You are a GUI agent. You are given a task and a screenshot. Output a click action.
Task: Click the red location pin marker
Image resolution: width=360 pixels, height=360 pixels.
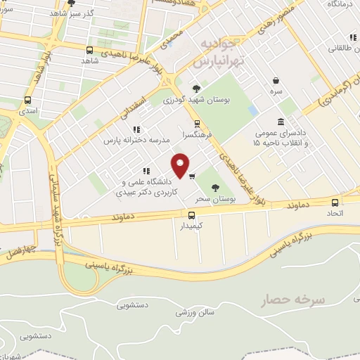click(181, 165)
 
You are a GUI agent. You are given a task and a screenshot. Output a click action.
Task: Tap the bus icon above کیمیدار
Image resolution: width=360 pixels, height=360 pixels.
click(191, 215)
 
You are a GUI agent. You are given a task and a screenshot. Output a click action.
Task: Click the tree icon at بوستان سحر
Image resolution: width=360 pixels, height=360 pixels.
click(216, 188)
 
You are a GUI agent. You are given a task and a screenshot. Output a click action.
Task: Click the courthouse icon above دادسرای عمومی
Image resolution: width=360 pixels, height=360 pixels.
click(281, 122)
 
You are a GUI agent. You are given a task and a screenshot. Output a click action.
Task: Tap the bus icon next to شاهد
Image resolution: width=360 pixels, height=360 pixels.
click(89, 50)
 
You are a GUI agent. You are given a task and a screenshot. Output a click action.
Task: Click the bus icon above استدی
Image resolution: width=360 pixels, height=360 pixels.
click(27, 100)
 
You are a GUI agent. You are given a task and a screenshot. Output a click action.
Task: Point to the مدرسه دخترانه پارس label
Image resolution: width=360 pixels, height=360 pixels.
click(138, 141)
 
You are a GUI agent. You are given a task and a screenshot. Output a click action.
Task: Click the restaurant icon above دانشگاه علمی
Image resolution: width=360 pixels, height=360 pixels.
click(146, 170)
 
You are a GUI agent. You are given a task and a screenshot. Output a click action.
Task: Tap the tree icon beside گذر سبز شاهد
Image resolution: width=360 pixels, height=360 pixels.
click(70, 3)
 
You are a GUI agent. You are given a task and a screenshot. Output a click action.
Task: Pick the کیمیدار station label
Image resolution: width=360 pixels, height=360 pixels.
click(191, 226)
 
